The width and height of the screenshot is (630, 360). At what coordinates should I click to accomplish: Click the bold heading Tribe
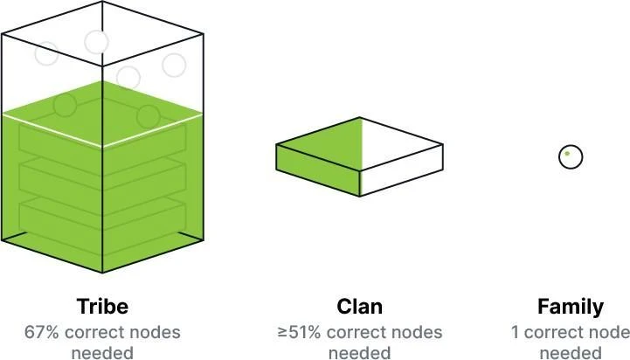point(102,307)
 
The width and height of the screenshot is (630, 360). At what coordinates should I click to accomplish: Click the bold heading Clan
point(359,307)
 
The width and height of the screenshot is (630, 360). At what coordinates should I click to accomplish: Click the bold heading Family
point(570,307)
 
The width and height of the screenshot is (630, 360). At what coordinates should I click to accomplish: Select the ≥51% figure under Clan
point(297,333)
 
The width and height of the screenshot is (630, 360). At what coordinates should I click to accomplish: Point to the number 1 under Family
point(516,333)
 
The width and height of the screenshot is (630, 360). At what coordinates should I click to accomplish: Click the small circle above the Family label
point(570,157)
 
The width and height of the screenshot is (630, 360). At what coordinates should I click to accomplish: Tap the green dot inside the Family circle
point(566,154)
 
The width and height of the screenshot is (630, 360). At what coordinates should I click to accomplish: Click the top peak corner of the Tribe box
point(102,3)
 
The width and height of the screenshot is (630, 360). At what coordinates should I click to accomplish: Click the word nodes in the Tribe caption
point(157,333)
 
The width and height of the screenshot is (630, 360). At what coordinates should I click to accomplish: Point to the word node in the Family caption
point(608,333)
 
